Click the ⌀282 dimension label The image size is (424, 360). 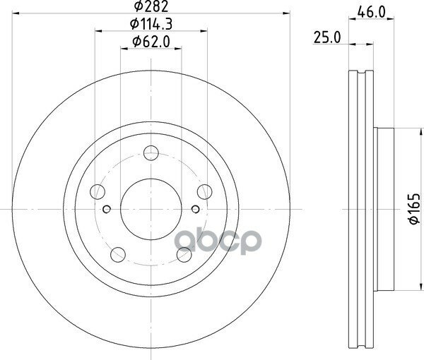point(151,6)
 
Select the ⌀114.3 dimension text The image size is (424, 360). point(151,24)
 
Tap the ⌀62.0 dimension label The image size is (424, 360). point(151,42)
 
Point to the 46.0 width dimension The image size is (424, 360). point(371,12)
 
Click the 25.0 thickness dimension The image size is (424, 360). point(327,37)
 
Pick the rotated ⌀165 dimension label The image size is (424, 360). point(415,208)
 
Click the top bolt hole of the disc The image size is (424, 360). point(151,153)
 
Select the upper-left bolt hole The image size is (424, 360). point(98,192)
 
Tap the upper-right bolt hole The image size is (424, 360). point(205,192)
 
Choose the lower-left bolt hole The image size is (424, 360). point(118,254)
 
